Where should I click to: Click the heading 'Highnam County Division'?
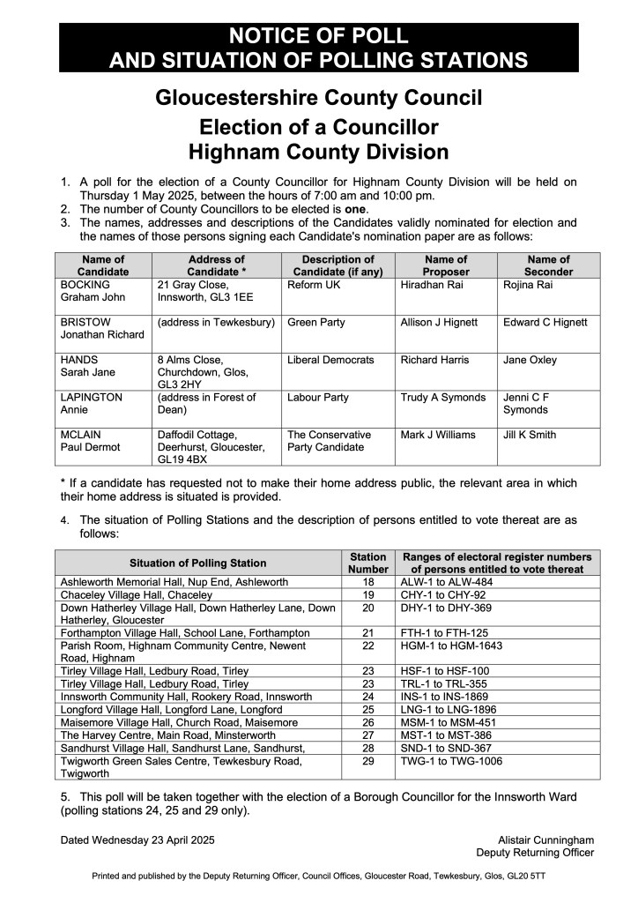tap(318, 151)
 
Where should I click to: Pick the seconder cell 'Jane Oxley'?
tap(530, 360)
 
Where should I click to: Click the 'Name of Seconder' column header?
tap(548, 265)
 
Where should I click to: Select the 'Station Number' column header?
tap(368, 563)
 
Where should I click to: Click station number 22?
tap(368, 646)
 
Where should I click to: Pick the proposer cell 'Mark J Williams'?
tap(438, 435)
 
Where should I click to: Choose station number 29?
tap(368, 760)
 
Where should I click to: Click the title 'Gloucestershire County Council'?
tap(318, 97)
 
